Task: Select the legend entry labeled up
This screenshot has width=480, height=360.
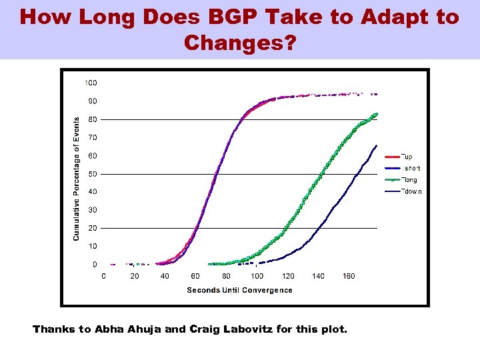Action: pos(408,157)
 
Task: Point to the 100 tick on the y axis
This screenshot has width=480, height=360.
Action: pos(91,83)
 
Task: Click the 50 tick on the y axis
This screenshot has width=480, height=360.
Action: pos(93,174)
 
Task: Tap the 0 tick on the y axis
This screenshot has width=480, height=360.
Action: pos(95,265)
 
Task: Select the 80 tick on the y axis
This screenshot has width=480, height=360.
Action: pos(93,119)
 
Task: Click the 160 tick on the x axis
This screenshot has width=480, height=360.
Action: pos(349,276)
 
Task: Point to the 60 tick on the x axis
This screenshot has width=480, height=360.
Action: pos(195,276)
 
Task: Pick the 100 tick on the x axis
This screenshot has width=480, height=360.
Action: pos(257,276)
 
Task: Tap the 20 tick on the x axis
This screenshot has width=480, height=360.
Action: pos(134,276)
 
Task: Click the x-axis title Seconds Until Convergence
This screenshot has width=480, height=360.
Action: pos(239,290)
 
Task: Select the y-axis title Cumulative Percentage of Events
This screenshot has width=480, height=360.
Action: pos(76,179)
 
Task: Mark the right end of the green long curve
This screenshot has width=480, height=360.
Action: pos(377,114)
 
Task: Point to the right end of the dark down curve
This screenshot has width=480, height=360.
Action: pos(377,145)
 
